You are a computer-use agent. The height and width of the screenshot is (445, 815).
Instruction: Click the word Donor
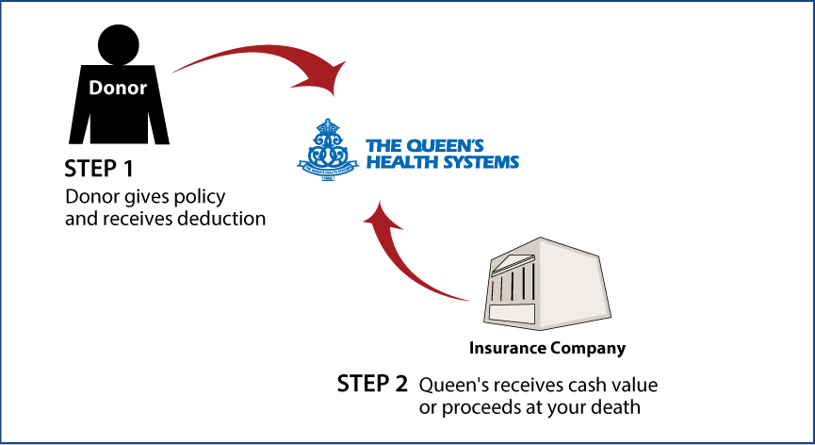click(118, 88)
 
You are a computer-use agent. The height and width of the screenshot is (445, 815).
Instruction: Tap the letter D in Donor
click(95, 88)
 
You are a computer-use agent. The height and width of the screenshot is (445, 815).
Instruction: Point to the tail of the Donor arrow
click(175, 71)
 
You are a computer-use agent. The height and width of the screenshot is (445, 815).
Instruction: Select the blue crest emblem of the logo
click(327, 150)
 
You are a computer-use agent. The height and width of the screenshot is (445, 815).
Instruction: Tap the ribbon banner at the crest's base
click(327, 173)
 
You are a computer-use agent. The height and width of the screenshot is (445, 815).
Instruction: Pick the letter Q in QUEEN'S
click(415, 146)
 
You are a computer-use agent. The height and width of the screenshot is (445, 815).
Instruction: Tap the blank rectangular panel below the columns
click(512, 313)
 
